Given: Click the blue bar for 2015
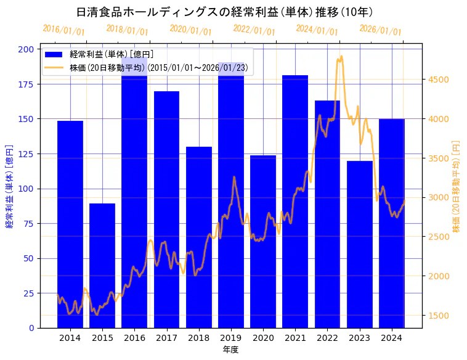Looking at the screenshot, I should coord(102,265).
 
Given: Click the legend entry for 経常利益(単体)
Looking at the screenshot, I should coord(111,55).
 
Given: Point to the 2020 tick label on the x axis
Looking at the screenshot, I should coord(263,338).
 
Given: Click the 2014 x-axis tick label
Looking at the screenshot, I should coord(70,338).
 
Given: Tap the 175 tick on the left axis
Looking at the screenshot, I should coord(26,84).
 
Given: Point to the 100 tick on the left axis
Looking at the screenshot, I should coord(26,189).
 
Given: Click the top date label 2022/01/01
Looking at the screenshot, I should coord(254,30).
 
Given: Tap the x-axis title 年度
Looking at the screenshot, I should coord(230,350).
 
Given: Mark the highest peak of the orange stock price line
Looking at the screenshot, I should coord(341,57).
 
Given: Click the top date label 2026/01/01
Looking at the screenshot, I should coord(381,30).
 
